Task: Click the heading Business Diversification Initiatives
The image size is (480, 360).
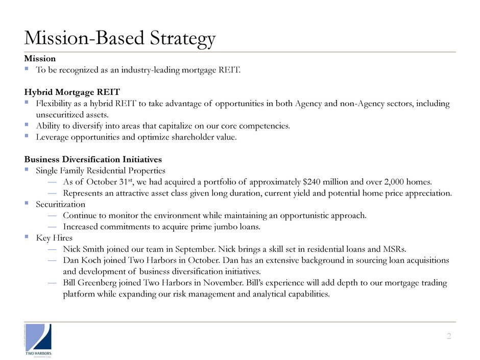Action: pyautogui.click(x=93, y=159)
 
